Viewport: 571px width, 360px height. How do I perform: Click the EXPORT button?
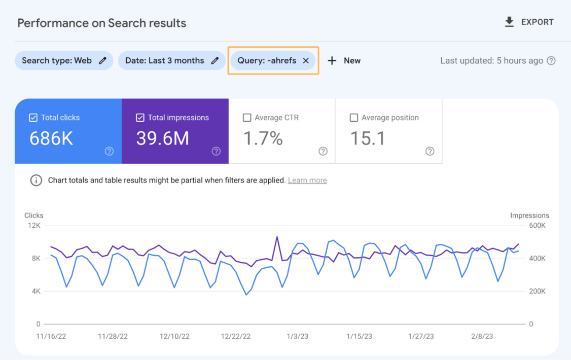pos(529,22)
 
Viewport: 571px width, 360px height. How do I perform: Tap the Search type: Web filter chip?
pos(63,61)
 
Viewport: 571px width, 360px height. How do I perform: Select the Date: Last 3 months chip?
pos(171,61)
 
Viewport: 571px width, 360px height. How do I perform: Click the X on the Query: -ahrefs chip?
pos(306,61)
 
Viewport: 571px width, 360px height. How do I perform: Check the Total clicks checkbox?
pos(33,118)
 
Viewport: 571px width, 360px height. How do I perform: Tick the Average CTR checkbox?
pos(247,118)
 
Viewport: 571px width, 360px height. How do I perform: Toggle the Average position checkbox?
pos(354,118)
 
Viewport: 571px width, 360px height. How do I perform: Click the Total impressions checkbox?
pos(140,118)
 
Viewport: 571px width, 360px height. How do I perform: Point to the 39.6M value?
pos(162,138)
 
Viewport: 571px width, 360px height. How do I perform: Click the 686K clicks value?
pos(51,138)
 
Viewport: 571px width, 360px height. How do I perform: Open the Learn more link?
pos(307,181)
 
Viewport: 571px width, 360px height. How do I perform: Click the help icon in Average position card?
pos(430,151)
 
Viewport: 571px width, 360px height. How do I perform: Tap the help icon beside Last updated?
pos(551,61)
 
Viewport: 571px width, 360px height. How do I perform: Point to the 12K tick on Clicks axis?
pos(34,226)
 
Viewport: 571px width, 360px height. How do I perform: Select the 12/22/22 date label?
pos(236,336)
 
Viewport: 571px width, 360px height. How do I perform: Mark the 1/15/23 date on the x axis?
pos(359,336)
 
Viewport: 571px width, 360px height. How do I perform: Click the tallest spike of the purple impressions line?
pos(277,237)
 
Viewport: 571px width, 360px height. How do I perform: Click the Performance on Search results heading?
pos(102,23)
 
